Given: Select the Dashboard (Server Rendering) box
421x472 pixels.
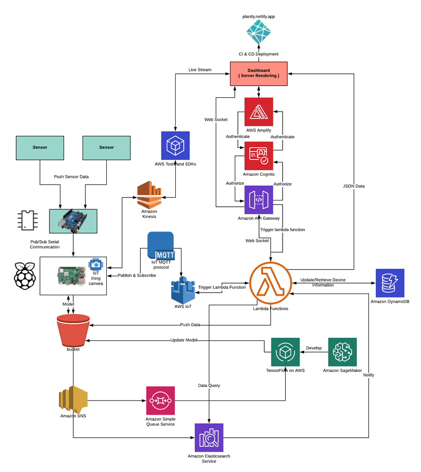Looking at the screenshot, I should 258,74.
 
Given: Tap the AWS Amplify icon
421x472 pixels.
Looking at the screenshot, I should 258,112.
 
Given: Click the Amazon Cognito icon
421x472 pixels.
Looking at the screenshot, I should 258,155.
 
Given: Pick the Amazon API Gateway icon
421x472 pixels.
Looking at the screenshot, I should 258,199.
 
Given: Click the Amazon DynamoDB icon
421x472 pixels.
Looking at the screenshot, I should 390,283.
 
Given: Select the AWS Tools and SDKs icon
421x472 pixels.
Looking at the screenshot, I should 175,145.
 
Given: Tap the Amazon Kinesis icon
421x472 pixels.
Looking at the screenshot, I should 151,195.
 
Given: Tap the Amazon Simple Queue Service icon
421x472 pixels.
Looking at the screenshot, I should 161,400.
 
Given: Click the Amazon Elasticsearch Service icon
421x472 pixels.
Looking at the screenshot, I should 209,437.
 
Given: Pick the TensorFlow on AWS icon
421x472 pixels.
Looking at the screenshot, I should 285,352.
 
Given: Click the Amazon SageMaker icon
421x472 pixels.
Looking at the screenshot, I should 343,352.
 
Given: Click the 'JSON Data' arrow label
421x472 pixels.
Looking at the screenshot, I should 354,186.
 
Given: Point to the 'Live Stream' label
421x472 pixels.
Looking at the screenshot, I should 200,70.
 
